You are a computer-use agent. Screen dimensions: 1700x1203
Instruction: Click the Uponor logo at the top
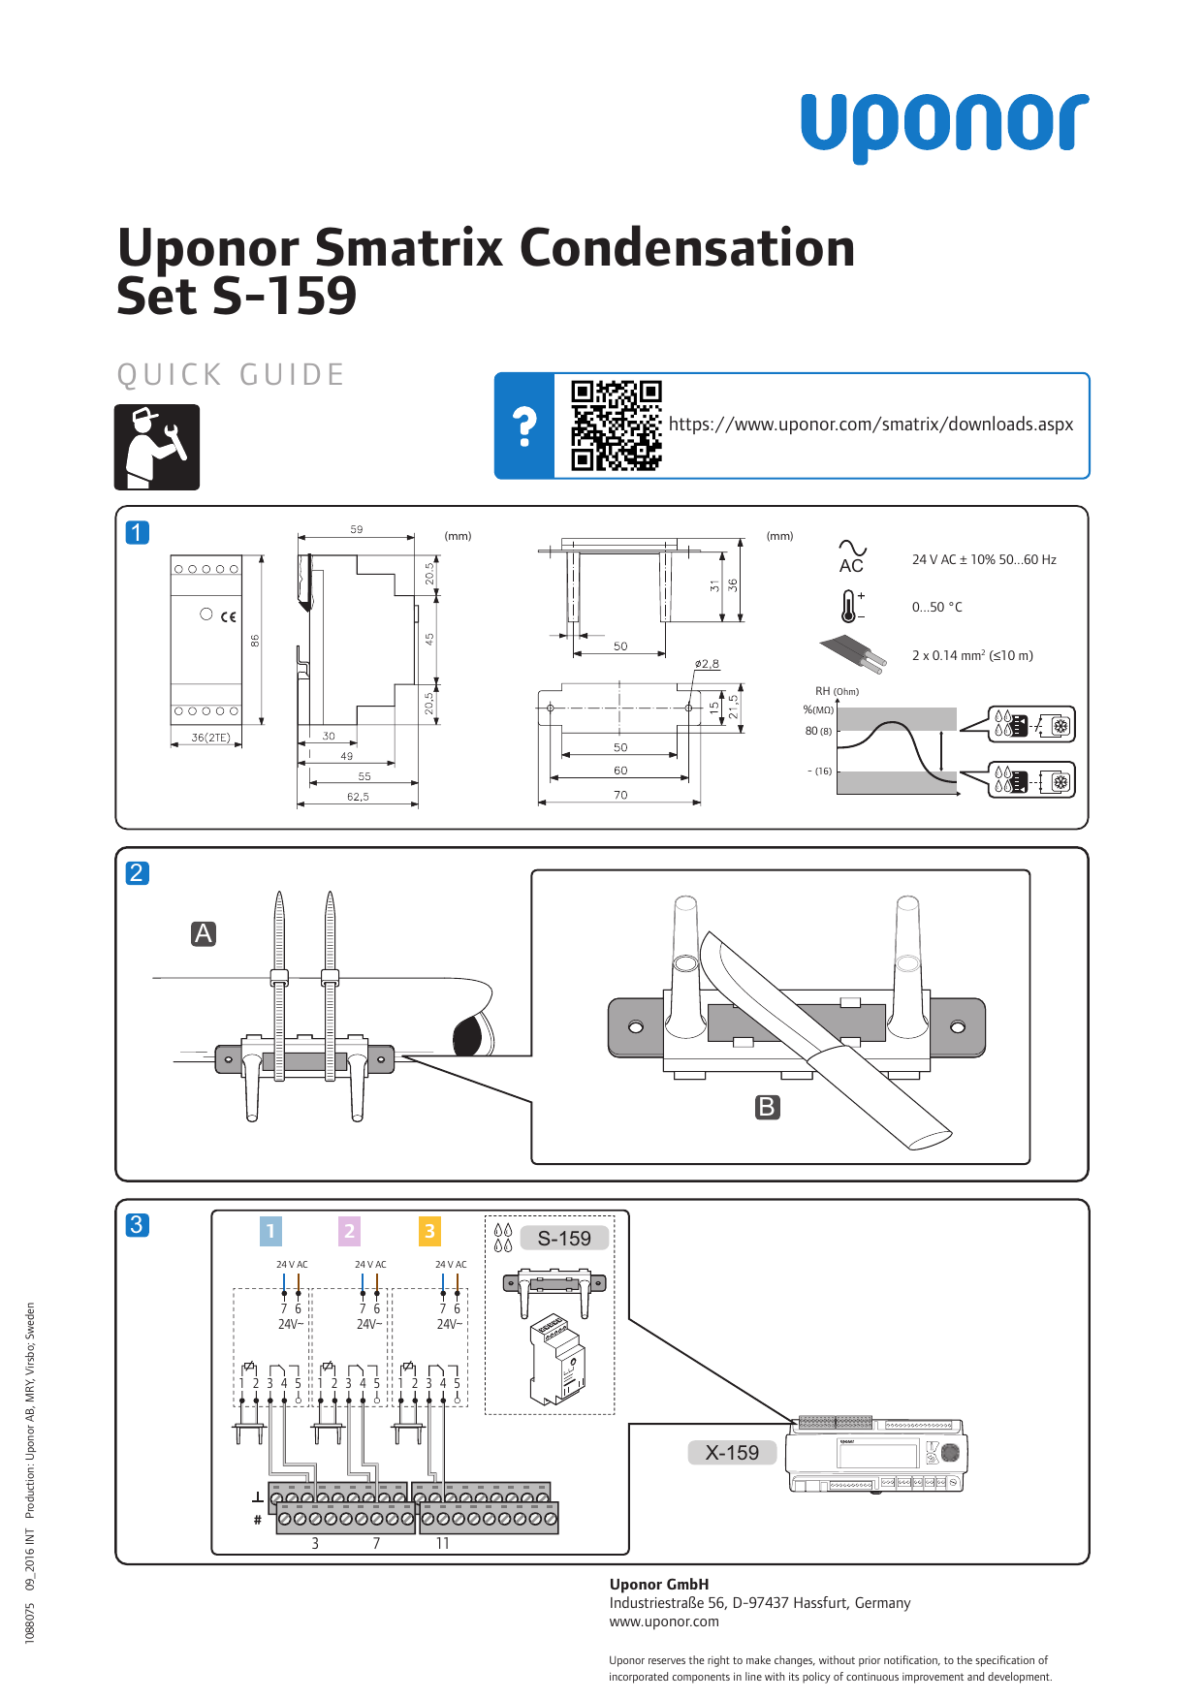tap(944, 126)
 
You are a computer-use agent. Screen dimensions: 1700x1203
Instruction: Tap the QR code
tap(616, 425)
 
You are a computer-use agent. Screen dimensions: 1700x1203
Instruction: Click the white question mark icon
tap(524, 426)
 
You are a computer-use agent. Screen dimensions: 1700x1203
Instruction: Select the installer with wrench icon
tap(157, 447)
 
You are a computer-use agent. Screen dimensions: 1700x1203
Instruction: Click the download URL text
tap(871, 425)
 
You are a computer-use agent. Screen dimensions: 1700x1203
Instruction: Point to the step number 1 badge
tap(138, 532)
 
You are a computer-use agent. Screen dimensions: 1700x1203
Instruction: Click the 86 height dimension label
tap(255, 641)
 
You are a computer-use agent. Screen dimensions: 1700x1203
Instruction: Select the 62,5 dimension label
tap(358, 797)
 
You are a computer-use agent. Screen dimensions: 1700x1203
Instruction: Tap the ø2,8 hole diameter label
tap(707, 664)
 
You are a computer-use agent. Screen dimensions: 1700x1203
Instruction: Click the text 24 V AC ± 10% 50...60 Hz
tap(983, 559)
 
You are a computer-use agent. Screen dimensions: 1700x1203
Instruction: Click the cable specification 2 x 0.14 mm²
tap(971, 655)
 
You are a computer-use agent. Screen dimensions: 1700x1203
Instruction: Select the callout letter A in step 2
tap(204, 933)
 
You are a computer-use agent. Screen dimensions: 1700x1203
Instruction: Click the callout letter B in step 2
tap(767, 1107)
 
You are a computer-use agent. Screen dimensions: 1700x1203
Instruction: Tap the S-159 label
tap(564, 1238)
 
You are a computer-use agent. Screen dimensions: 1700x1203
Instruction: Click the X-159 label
tap(732, 1452)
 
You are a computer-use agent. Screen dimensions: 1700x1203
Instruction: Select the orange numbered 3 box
tap(429, 1231)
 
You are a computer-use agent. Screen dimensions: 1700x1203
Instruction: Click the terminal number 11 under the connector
tap(442, 1543)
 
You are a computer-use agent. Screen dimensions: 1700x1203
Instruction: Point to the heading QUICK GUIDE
tap(231, 375)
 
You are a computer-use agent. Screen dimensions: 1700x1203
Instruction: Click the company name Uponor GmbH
tap(659, 1584)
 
